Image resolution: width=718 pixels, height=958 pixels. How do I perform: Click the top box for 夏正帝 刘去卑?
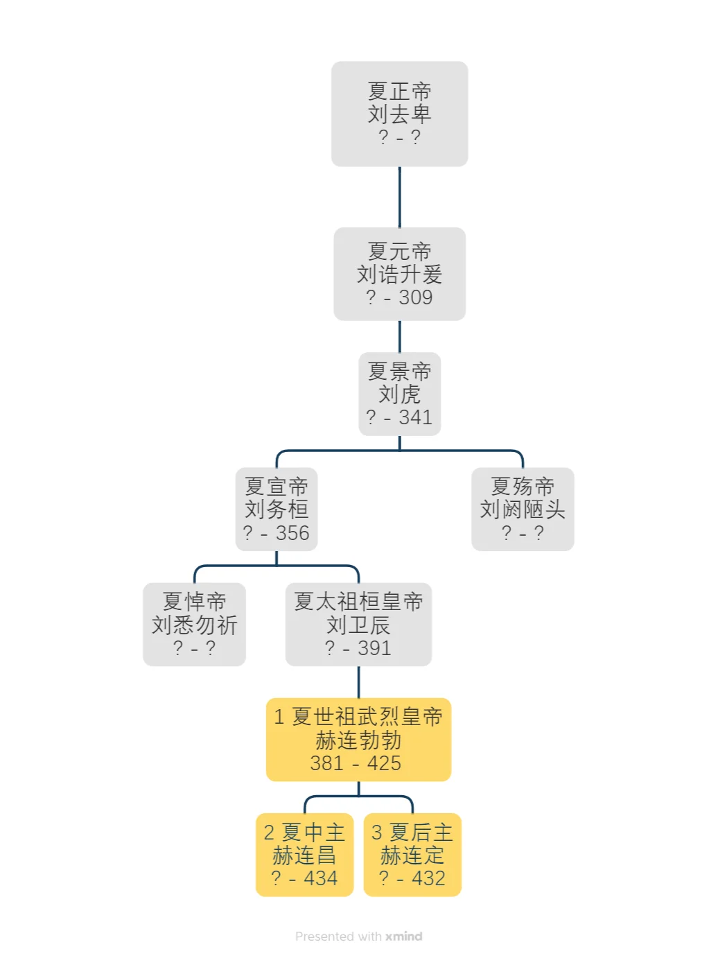tap(399, 114)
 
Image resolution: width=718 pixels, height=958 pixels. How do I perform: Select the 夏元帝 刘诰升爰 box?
tap(399, 274)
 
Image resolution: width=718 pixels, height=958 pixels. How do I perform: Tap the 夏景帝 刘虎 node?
tap(399, 394)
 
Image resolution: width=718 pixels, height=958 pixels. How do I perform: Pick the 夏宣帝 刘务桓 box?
tap(276, 509)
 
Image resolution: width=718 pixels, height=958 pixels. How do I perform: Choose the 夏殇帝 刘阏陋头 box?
tap(523, 509)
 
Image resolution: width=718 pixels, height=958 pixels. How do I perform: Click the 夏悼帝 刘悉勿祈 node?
tap(194, 624)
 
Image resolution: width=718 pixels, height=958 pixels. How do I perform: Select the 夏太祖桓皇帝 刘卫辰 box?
tap(358, 624)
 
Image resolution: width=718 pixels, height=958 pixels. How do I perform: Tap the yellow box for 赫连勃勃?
tap(358, 739)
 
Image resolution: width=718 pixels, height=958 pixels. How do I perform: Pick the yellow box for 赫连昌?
tap(304, 854)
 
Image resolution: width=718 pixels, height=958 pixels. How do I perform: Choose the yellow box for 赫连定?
tap(412, 854)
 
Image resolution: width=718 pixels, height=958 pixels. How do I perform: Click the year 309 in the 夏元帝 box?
tap(416, 297)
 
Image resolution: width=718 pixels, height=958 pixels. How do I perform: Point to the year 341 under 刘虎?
tap(415, 417)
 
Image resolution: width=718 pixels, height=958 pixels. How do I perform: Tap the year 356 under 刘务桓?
tap(292, 533)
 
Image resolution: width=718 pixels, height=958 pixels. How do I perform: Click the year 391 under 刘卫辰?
tap(374, 648)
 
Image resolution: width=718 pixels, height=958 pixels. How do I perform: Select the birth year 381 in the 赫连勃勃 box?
tap(326, 763)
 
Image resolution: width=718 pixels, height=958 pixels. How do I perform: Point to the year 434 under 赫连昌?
tap(320, 878)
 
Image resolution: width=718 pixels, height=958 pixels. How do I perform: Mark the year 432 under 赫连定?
tap(428, 878)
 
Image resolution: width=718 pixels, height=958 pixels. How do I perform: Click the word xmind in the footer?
tap(403, 937)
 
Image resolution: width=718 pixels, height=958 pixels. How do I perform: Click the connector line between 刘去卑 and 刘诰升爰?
tap(400, 197)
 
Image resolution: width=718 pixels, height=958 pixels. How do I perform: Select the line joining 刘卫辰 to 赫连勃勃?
tap(358, 682)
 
